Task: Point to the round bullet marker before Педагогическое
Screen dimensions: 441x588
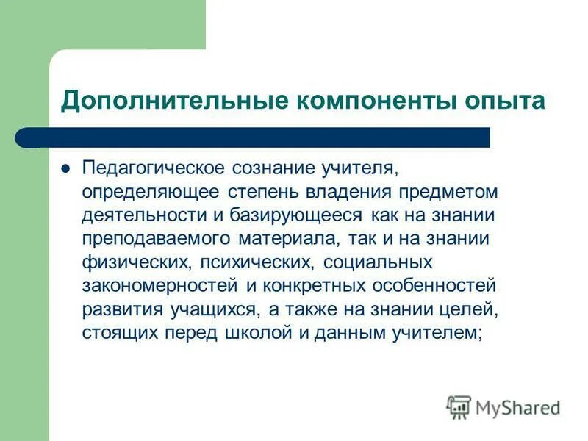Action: pos(65,168)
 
